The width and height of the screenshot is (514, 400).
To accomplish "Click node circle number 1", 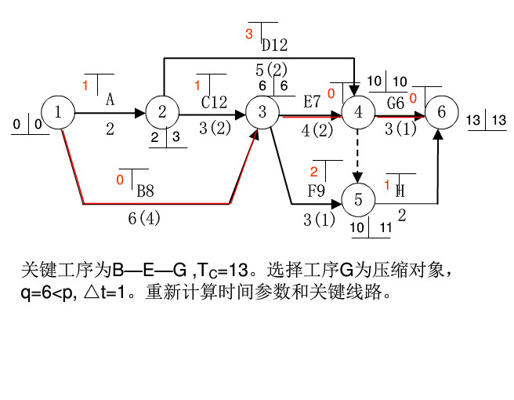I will tap(58, 113).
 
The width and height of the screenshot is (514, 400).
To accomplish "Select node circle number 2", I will tap(162, 113).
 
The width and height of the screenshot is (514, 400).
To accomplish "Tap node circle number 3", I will tap(262, 113).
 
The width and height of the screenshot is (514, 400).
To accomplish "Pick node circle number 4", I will tap(358, 113).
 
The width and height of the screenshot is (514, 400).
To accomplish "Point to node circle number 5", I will tap(358, 199).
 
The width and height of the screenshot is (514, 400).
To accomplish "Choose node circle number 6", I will tap(442, 113).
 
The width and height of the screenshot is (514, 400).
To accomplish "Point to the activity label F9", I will tap(316, 190).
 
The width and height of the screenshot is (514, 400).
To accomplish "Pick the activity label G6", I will tap(396, 102).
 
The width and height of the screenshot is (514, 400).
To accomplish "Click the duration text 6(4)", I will tap(144, 219).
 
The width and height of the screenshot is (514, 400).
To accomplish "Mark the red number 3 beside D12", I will tap(249, 34).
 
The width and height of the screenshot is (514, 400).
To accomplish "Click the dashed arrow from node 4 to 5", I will tap(358, 155).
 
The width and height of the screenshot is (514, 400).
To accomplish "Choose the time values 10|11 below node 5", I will tap(371, 228).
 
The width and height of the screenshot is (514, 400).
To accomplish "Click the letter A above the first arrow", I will tap(110, 100).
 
